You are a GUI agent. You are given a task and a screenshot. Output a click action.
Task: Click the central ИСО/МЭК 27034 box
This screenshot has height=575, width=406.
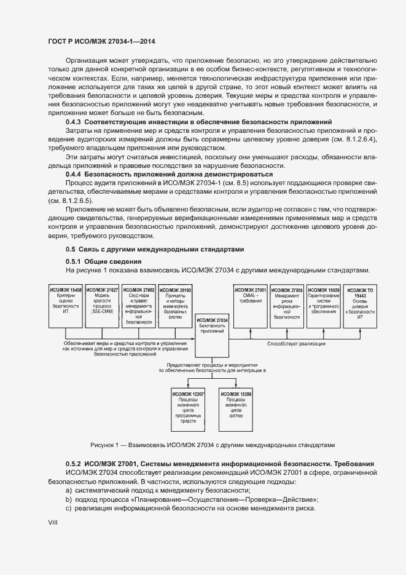[x=212, y=338]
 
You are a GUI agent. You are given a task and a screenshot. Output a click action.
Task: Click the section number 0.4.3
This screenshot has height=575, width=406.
[x=74, y=122]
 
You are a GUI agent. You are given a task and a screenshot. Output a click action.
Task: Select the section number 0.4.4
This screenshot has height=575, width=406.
[x=74, y=175]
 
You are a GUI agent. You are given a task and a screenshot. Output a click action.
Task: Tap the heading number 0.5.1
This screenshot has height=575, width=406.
[x=74, y=262]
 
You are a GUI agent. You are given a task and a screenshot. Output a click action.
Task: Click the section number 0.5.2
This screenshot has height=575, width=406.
[x=74, y=462]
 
